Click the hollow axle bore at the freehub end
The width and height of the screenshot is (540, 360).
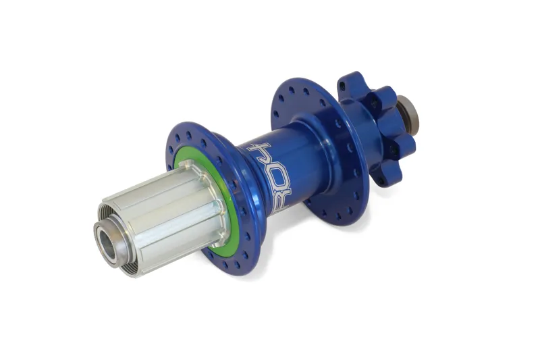107,240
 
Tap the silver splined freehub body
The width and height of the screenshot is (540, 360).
162,216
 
